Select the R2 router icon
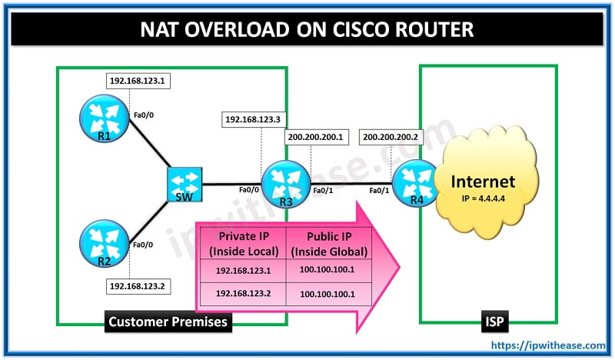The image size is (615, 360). (102, 242)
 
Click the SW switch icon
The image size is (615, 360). (184, 185)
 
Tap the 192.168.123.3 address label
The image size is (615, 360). (253, 119)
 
